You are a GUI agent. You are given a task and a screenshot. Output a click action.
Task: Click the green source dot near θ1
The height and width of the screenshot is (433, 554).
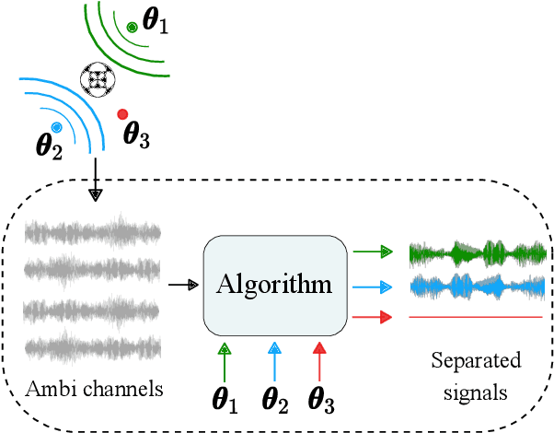133,28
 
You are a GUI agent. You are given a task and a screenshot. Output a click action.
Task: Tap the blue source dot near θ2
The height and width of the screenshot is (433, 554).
57,126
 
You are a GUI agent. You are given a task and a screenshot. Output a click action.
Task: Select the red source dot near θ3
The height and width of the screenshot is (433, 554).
122,114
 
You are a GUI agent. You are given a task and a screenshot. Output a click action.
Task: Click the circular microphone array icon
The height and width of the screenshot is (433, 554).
98,79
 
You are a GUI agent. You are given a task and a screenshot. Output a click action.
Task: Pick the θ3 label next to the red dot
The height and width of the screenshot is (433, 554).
136,137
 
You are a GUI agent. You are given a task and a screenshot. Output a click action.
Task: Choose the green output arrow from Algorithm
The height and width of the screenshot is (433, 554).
374,250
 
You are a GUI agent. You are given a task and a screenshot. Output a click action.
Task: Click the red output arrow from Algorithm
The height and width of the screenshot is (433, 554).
374,318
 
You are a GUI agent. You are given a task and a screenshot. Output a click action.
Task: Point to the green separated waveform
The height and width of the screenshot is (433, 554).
478,252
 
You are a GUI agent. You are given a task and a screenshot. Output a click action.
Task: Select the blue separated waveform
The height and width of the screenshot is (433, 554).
478,287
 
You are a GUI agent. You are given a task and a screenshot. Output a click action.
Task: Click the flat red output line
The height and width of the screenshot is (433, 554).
478,318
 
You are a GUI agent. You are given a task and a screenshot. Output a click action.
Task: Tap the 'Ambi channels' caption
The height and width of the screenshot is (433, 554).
92,390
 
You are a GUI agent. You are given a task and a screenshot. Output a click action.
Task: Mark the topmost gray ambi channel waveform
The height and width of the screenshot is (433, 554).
92,231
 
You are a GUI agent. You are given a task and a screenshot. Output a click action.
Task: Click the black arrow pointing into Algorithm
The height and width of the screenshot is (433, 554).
185,285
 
